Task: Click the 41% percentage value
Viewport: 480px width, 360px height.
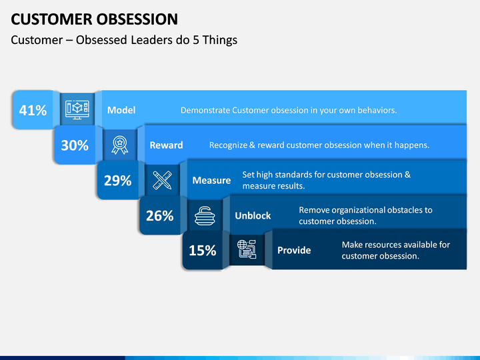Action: point(33,110)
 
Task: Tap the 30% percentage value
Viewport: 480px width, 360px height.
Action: point(75,145)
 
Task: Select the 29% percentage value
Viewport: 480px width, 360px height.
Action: point(117,180)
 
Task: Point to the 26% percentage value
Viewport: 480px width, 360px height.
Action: point(160,215)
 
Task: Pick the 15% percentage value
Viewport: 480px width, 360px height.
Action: point(203,251)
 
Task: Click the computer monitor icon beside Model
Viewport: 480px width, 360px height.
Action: point(77,109)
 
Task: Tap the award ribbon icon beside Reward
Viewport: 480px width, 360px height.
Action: point(120,145)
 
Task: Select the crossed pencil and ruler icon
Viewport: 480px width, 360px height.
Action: point(162,180)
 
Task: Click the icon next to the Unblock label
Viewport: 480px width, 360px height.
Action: point(205,215)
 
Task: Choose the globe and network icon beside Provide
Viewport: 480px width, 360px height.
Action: point(247,249)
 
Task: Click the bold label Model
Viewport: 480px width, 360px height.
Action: point(121,110)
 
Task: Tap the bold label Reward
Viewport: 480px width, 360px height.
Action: point(166,145)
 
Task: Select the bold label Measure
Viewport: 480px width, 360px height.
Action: point(211,180)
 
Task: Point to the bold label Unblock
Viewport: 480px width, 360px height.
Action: point(253,215)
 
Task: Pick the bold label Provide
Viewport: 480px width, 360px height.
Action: point(294,251)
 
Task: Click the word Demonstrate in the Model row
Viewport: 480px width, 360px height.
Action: point(205,110)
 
